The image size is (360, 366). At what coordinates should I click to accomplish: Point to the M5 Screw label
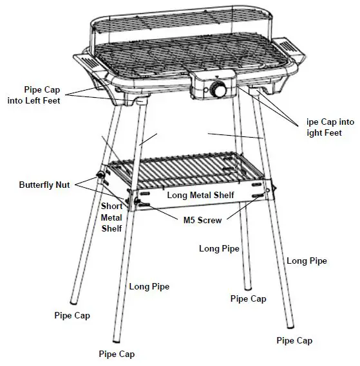point(201,220)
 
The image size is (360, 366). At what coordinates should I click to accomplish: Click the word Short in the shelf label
point(112,206)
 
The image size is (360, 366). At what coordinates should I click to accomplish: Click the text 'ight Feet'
point(323,133)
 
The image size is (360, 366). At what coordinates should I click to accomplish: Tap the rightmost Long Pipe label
point(307,261)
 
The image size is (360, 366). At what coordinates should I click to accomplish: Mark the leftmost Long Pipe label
point(149,287)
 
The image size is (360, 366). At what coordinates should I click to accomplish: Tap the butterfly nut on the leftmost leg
point(100,176)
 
